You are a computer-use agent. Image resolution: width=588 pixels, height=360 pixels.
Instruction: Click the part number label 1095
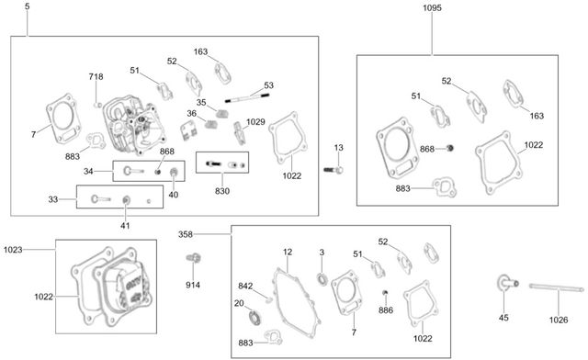tap(433, 8)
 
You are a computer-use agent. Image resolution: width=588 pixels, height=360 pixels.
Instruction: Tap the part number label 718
tap(96, 76)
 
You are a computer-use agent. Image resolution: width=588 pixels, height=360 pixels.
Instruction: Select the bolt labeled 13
tap(334, 170)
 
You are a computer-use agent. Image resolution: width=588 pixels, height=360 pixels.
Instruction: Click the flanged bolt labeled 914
tap(194, 258)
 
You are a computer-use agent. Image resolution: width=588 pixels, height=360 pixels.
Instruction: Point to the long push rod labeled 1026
tap(557, 288)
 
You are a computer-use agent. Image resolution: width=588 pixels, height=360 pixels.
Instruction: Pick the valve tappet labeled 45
tap(508, 283)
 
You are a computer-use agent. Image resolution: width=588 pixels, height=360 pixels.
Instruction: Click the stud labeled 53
tap(247, 98)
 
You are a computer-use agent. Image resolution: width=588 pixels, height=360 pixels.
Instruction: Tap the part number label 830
tap(222, 191)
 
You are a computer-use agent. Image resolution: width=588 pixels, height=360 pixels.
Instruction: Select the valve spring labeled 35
tap(222, 112)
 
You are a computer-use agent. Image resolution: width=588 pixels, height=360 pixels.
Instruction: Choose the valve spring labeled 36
tap(212, 124)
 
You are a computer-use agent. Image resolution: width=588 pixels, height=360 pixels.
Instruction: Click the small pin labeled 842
tap(268, 298)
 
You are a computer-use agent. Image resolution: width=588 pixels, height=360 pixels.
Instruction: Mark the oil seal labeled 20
tap(255, 317)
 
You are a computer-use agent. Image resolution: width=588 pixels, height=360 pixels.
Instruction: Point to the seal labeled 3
tap(322, 279)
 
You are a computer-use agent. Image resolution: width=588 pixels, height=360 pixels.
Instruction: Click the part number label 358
tap(186, 234)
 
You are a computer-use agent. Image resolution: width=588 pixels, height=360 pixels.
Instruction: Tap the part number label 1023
tap(13, 250)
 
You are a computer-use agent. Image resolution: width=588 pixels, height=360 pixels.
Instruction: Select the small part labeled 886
tap(385, 292)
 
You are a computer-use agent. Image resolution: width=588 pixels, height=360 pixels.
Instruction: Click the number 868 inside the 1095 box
tap(427, 149)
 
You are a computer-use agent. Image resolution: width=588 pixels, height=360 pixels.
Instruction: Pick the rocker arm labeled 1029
tap(239, 133)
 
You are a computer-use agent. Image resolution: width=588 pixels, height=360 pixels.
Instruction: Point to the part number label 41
tap(125, 226)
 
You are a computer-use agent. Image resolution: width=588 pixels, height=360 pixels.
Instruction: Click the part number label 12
tap(288, 252)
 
